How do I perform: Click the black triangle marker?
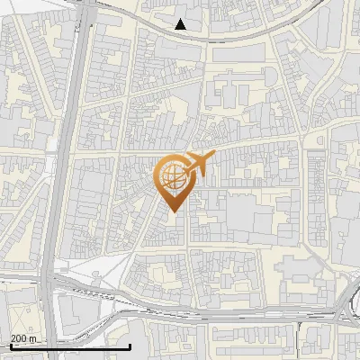181,24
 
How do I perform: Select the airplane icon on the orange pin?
198,164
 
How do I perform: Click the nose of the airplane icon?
213,156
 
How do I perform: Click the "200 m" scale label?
23,338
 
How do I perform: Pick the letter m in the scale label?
33,338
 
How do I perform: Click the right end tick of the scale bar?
130,345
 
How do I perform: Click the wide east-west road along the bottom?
225,317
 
